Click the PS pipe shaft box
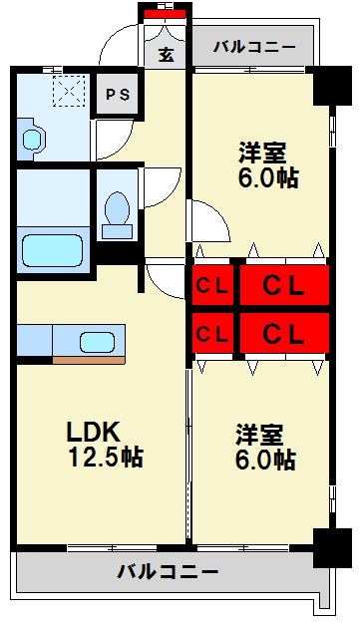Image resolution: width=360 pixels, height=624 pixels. (118, 95)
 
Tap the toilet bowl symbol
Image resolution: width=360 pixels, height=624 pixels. (117, 213)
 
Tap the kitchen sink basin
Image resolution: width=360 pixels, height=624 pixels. (93, 336)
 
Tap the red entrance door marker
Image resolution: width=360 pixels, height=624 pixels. (165, 14)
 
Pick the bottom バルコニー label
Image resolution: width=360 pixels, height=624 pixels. (167, 572)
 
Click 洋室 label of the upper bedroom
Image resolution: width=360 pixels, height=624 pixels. (262, 154)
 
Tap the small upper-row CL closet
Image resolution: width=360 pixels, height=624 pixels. (212, 286)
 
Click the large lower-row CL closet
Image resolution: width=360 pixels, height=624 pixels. (282, 333)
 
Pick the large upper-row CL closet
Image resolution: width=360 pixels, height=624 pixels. (282, 286)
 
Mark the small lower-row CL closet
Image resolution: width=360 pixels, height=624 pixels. (212, 333)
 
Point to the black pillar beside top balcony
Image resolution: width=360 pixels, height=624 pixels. (325, 87)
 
